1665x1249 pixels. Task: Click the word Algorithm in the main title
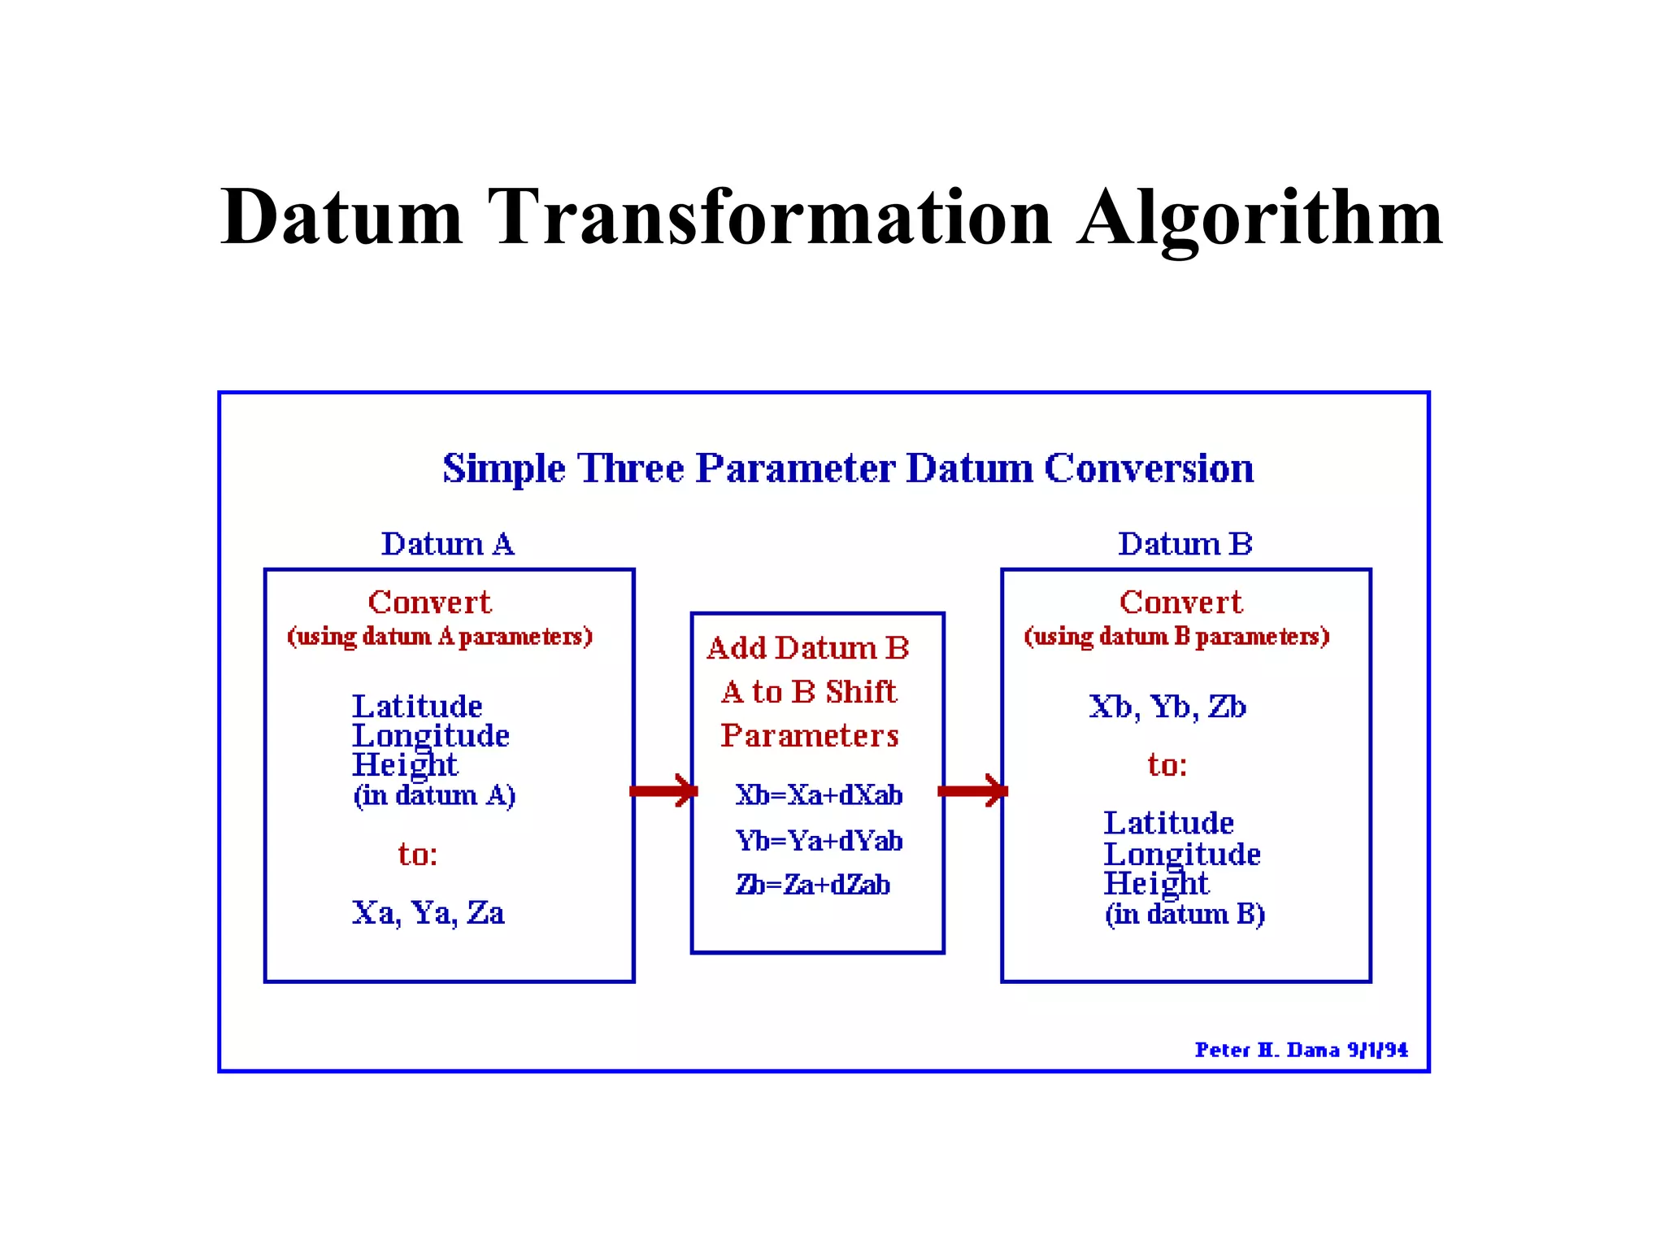[x=1260, y=218]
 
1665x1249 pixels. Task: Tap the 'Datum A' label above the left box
[x=448, y=544]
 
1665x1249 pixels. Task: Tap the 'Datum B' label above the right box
[x=1185, y=544]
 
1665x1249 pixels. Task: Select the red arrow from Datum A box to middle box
[x=663, y=791]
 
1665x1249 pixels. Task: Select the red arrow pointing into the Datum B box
[x=972, y=791]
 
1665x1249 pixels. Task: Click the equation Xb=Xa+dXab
[x=819, y=794]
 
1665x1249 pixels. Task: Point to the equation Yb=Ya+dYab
[x=819, y=840]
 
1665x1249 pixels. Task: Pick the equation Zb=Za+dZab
[x=813, y=885]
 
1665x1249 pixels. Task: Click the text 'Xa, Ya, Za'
[x=428, y=913]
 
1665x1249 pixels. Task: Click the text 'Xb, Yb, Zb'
[x=1167, y=707]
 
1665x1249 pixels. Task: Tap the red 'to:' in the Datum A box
[x=418, y=855]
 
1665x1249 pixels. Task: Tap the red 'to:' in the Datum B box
[x=1167, y=765]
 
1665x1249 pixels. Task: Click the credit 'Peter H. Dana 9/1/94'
[x=1301, y=1050]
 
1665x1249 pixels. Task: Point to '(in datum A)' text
[x=434, y=794]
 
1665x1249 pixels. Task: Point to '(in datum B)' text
[x=1185, y=914]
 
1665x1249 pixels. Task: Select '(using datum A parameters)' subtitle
[x=440, y=636]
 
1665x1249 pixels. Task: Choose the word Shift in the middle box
[x=861, y=692]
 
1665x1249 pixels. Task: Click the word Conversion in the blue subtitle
[x=1149, y=468]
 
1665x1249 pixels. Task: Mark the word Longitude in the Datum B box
[x=1182, y=854]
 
